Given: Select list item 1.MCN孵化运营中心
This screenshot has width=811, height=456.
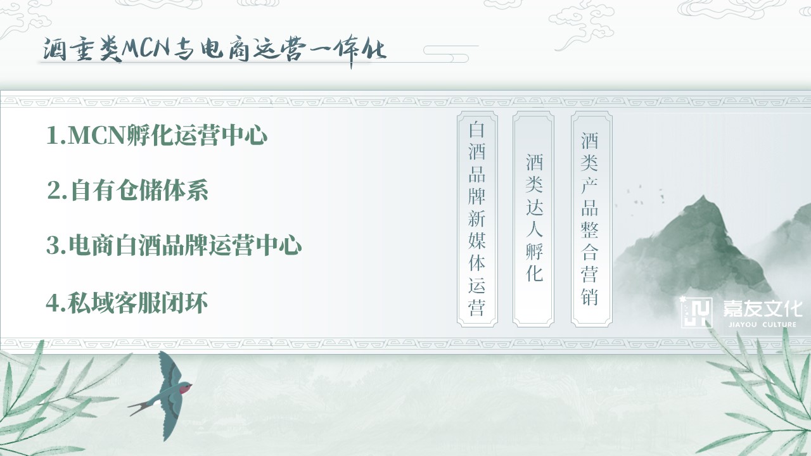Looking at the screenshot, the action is pyautogui.click(x=156, y=136).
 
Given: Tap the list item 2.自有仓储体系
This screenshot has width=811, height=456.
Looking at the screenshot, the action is pyautogui.click(x=127, y=190).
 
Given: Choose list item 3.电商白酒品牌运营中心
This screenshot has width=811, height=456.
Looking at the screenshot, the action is pyautogui.click(x=174, y=245).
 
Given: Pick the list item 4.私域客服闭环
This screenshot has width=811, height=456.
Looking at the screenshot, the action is pyautogui.click(x=127, y=303).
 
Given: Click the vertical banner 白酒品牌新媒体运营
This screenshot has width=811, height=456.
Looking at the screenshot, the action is pyautogui.click(x=477, y=219).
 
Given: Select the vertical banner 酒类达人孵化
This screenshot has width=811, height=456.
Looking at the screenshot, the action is pyautogui.click(x=533, y=219).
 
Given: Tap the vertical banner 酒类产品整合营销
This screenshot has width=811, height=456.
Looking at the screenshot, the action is pyautogui.click(x=592, y=219).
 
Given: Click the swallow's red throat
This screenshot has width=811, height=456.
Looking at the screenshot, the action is pyautogui.click(x=185, y=388).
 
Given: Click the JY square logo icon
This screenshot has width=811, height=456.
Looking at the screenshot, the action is pyautogui.click(x=696, y=313).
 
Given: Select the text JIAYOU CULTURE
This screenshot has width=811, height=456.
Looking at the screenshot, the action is pyautogui.click(x=762, y=325).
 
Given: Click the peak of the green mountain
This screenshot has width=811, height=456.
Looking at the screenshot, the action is pyautogui.click(x=703, y=196).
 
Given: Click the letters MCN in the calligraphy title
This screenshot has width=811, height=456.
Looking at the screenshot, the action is pyautogui.click(x=146, y=49).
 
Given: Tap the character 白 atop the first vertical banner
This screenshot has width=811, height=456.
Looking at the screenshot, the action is pyautogui.click(x=477, y=130).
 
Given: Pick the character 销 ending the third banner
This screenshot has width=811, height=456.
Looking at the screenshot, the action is pyautogui.click(x=589, y=297).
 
